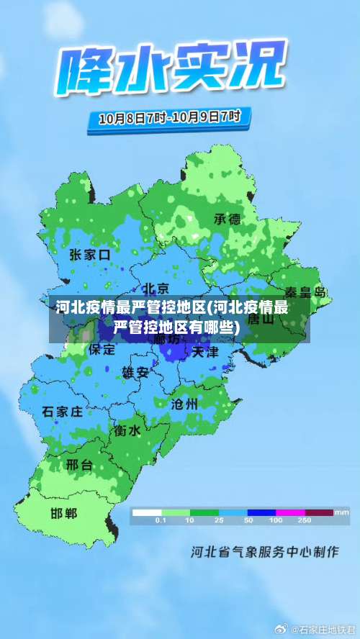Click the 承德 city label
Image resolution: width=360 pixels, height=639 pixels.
[x=228, y=219]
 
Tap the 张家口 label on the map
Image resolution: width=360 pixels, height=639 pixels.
[x=90, y=255]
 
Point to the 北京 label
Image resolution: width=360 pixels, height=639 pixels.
[x=155, y=288]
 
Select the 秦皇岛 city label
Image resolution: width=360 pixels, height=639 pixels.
[x=306, y=292]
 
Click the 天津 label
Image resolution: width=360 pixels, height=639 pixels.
[x=205, y=353]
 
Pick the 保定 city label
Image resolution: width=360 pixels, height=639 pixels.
[x=102, y=350]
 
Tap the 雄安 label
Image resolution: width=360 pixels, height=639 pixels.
[x=135, y=372]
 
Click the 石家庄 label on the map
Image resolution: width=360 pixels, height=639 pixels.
[x=62, y=412]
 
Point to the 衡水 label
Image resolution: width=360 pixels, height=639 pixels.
[x=127, y=430]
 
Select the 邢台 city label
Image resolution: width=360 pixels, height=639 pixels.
[x=79, y=465]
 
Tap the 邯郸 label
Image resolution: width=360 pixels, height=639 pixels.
[x=63, y=513]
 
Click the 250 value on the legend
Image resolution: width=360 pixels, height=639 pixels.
[x=305, y=520]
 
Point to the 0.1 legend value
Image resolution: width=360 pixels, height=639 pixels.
[x=161, y=520]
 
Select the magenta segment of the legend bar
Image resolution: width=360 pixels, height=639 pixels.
[x=289, y=512]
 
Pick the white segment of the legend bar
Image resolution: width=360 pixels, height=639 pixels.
[x=146, y=512]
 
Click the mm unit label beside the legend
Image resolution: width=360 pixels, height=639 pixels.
[x=342, y=512]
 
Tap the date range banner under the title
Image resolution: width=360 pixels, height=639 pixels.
[x=169, y=117]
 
